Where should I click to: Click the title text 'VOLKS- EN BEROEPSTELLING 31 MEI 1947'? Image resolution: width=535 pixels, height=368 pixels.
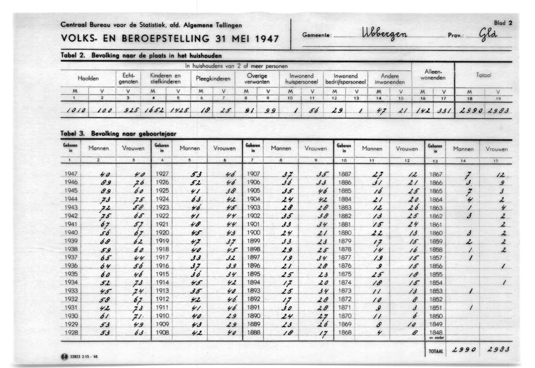click(x=170, y=38)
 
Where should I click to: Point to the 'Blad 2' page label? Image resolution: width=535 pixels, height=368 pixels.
click(x=503, y=23)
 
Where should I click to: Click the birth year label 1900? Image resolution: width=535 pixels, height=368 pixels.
click(x=253, y=232)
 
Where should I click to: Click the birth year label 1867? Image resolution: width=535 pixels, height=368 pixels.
click(x=436, y=174)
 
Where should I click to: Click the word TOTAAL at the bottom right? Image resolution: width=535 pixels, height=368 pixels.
click(x=435, y=352)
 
